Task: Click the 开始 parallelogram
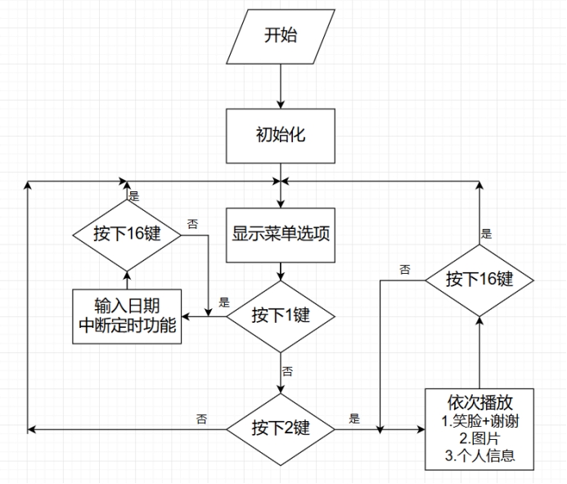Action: pyautogui.click(x=281, y=34)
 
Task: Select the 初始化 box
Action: pyautogui.click(x=281, y=134)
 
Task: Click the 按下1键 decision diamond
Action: pyautogui.click(x=281, y=316)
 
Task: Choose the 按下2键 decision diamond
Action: pyautogui.click(x=281, y=428)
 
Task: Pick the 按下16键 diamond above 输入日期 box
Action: pyautogui.click(x=126, y=234)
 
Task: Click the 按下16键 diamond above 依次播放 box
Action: pyautogui.click(x=479, y=279)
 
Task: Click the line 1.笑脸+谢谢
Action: pyautogui.click(x=479, y=422)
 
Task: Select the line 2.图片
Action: pyautogui.click(x=479, y=438)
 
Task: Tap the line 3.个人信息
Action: pyautogui.click(x=479, y=455)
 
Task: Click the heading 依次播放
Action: pyautogui.click(x=479, y=404)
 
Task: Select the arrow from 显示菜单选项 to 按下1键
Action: pyautogui.click(x=281, y=272)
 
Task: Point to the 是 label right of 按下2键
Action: pyautogui.click(x=354, y=419)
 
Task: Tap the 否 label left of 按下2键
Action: pyautogui.click(x=201, y=419)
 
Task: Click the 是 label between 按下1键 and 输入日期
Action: pyautogui.click(x=224, y=302)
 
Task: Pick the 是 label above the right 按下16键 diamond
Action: pyautogui.click(x=487, y=234)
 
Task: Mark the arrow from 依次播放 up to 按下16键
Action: pyautogui.click(x=479, y=352)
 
